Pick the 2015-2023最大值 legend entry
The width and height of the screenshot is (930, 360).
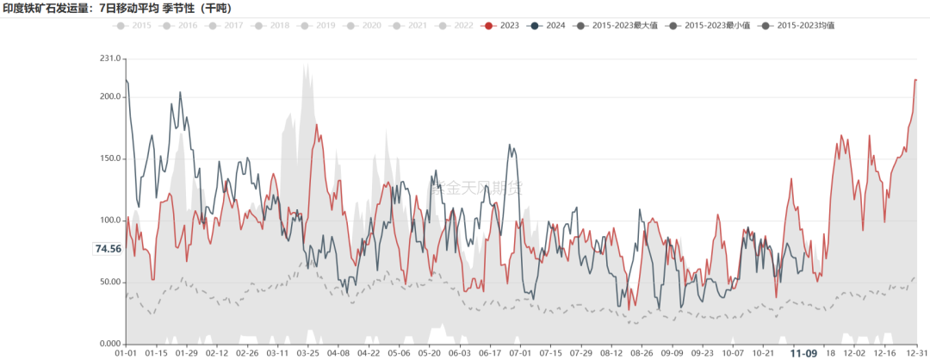626,26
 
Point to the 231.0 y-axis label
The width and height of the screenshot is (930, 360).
110,59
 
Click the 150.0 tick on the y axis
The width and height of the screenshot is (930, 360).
110,158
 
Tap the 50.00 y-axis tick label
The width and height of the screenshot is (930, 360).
110,282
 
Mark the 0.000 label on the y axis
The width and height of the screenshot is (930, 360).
110,344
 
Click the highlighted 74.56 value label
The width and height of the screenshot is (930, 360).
108,249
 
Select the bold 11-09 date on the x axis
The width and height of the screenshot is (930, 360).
804,353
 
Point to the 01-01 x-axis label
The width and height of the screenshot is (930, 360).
126,353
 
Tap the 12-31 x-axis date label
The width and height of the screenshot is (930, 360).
917,353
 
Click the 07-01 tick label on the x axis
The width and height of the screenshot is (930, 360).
519,353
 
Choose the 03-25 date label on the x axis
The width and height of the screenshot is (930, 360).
307,353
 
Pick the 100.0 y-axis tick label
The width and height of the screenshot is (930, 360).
110,220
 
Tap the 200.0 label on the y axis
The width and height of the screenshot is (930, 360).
110,96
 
